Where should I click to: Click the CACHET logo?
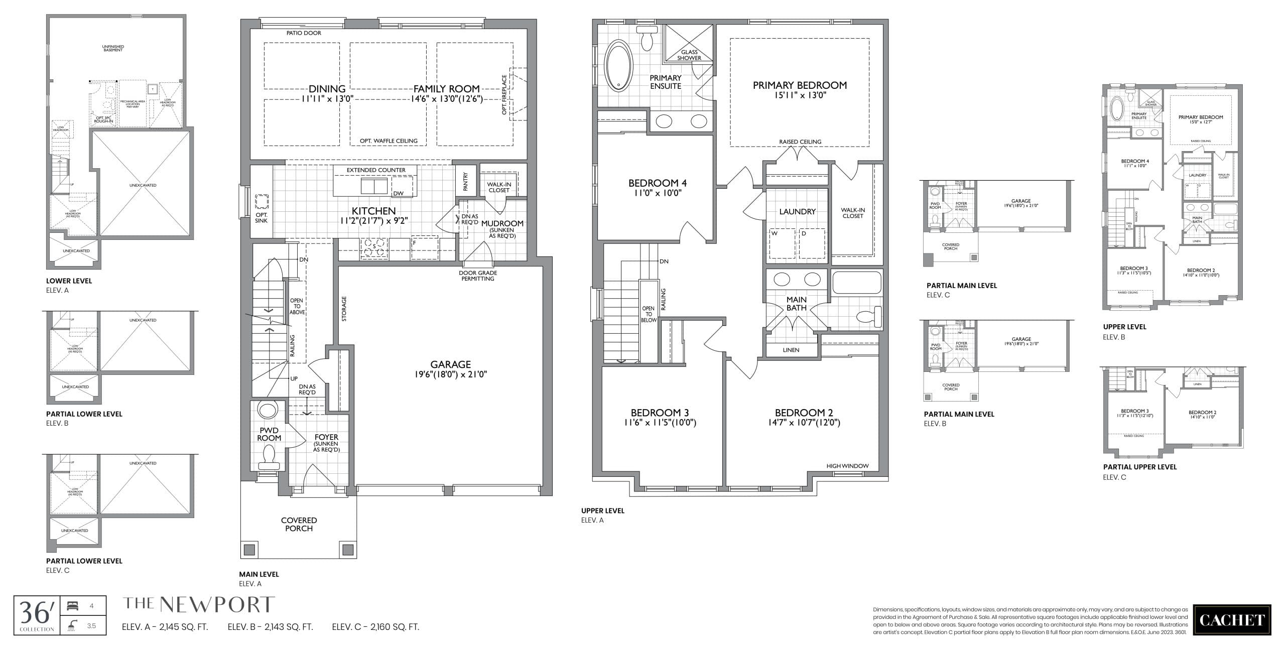pos(1231,620)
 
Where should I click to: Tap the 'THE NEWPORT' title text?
pos(199,605)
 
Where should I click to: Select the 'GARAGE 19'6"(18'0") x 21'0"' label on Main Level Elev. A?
pos(450,369)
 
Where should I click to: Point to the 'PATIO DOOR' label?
pos(304,33)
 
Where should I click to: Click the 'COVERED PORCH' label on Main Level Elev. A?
pos(299,524)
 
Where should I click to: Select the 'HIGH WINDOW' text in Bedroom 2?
pos(847,466)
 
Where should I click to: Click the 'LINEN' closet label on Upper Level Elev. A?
pos(791,350)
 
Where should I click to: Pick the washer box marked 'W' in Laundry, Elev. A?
pos(782,243)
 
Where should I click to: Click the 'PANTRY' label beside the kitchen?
pos(465,182)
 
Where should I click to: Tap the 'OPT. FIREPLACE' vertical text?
pos(504,94)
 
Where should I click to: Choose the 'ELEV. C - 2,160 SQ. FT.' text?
pos(375,627)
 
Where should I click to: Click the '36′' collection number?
pos(36,613)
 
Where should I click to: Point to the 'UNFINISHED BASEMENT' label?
pos(113,48)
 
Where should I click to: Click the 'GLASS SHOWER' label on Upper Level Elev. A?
pos(689,55)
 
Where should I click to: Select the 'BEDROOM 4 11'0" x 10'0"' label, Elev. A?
pos(657,188)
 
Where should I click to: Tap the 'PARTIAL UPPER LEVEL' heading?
pos(1139,467)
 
